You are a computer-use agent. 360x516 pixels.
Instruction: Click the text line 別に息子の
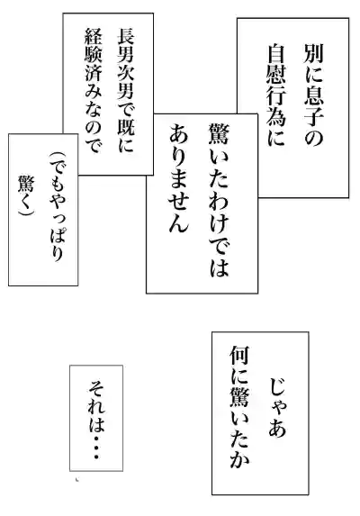(x=313, y=95)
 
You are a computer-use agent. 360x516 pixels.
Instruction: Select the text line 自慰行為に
(x=276, y=95)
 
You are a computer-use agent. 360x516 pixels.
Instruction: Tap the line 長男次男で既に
(x=126, y=90)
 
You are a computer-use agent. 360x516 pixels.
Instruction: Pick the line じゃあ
(x=277, y=407)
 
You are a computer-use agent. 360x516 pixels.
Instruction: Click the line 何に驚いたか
(x=239, y=407)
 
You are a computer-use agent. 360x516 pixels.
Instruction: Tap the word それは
(x=96, y=405)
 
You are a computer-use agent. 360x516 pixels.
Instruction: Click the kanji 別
(x=313, y=54)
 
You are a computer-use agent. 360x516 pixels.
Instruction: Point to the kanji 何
(x=239, y=356)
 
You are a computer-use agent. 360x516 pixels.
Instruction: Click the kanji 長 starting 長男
(x=126, y=36)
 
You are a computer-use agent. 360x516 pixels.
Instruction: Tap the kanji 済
(x=94, y=72)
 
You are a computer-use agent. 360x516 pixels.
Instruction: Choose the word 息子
(x=313, y=107)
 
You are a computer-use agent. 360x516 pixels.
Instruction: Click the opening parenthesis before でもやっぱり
(x=58, y=156)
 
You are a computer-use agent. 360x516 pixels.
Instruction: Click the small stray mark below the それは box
(x=77, y=479)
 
